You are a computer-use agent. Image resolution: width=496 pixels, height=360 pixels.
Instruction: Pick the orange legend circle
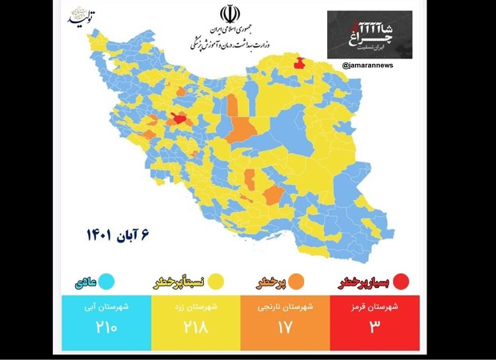[295, 281]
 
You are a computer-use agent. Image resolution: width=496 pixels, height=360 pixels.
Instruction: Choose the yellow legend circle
[214, 281]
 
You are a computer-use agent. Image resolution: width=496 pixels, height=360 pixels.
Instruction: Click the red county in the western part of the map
[180, 121]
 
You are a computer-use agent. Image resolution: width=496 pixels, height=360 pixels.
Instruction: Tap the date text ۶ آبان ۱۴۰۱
[119, 235]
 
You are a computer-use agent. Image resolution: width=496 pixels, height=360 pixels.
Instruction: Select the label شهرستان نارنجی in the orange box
[286, 306]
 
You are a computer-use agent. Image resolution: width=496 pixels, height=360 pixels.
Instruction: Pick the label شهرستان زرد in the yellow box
[196, 306]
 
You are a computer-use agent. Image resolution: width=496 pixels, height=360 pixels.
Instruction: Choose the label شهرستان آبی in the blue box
[106, 306]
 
